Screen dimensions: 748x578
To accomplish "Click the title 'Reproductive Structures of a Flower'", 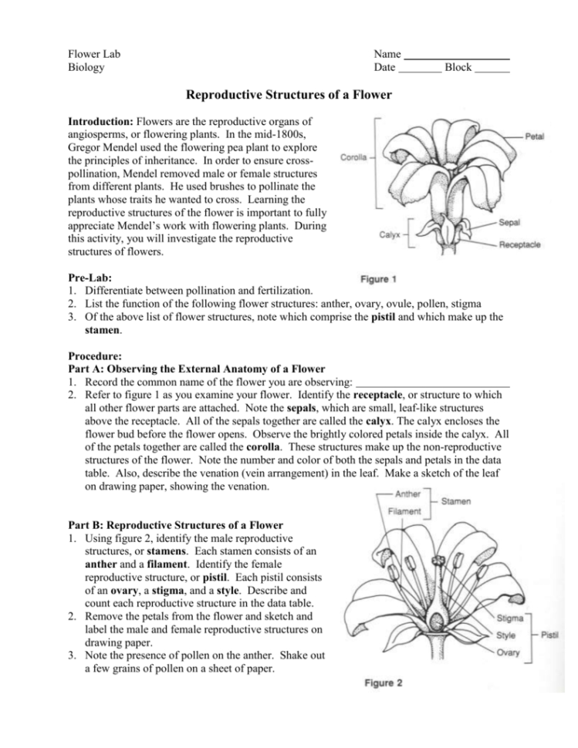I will pyautogui.click(x=289, y=95).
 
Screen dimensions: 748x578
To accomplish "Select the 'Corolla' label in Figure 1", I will pyautogui.click(x=352, y=158).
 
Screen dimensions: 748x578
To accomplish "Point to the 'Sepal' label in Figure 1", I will pyautogui.click(x=509, y=221).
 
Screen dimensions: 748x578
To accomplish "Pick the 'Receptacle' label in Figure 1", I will pyautogui.click(x=519, y=245).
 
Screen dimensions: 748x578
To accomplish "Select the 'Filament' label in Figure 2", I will pyautogui.click(x=407, y=510).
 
